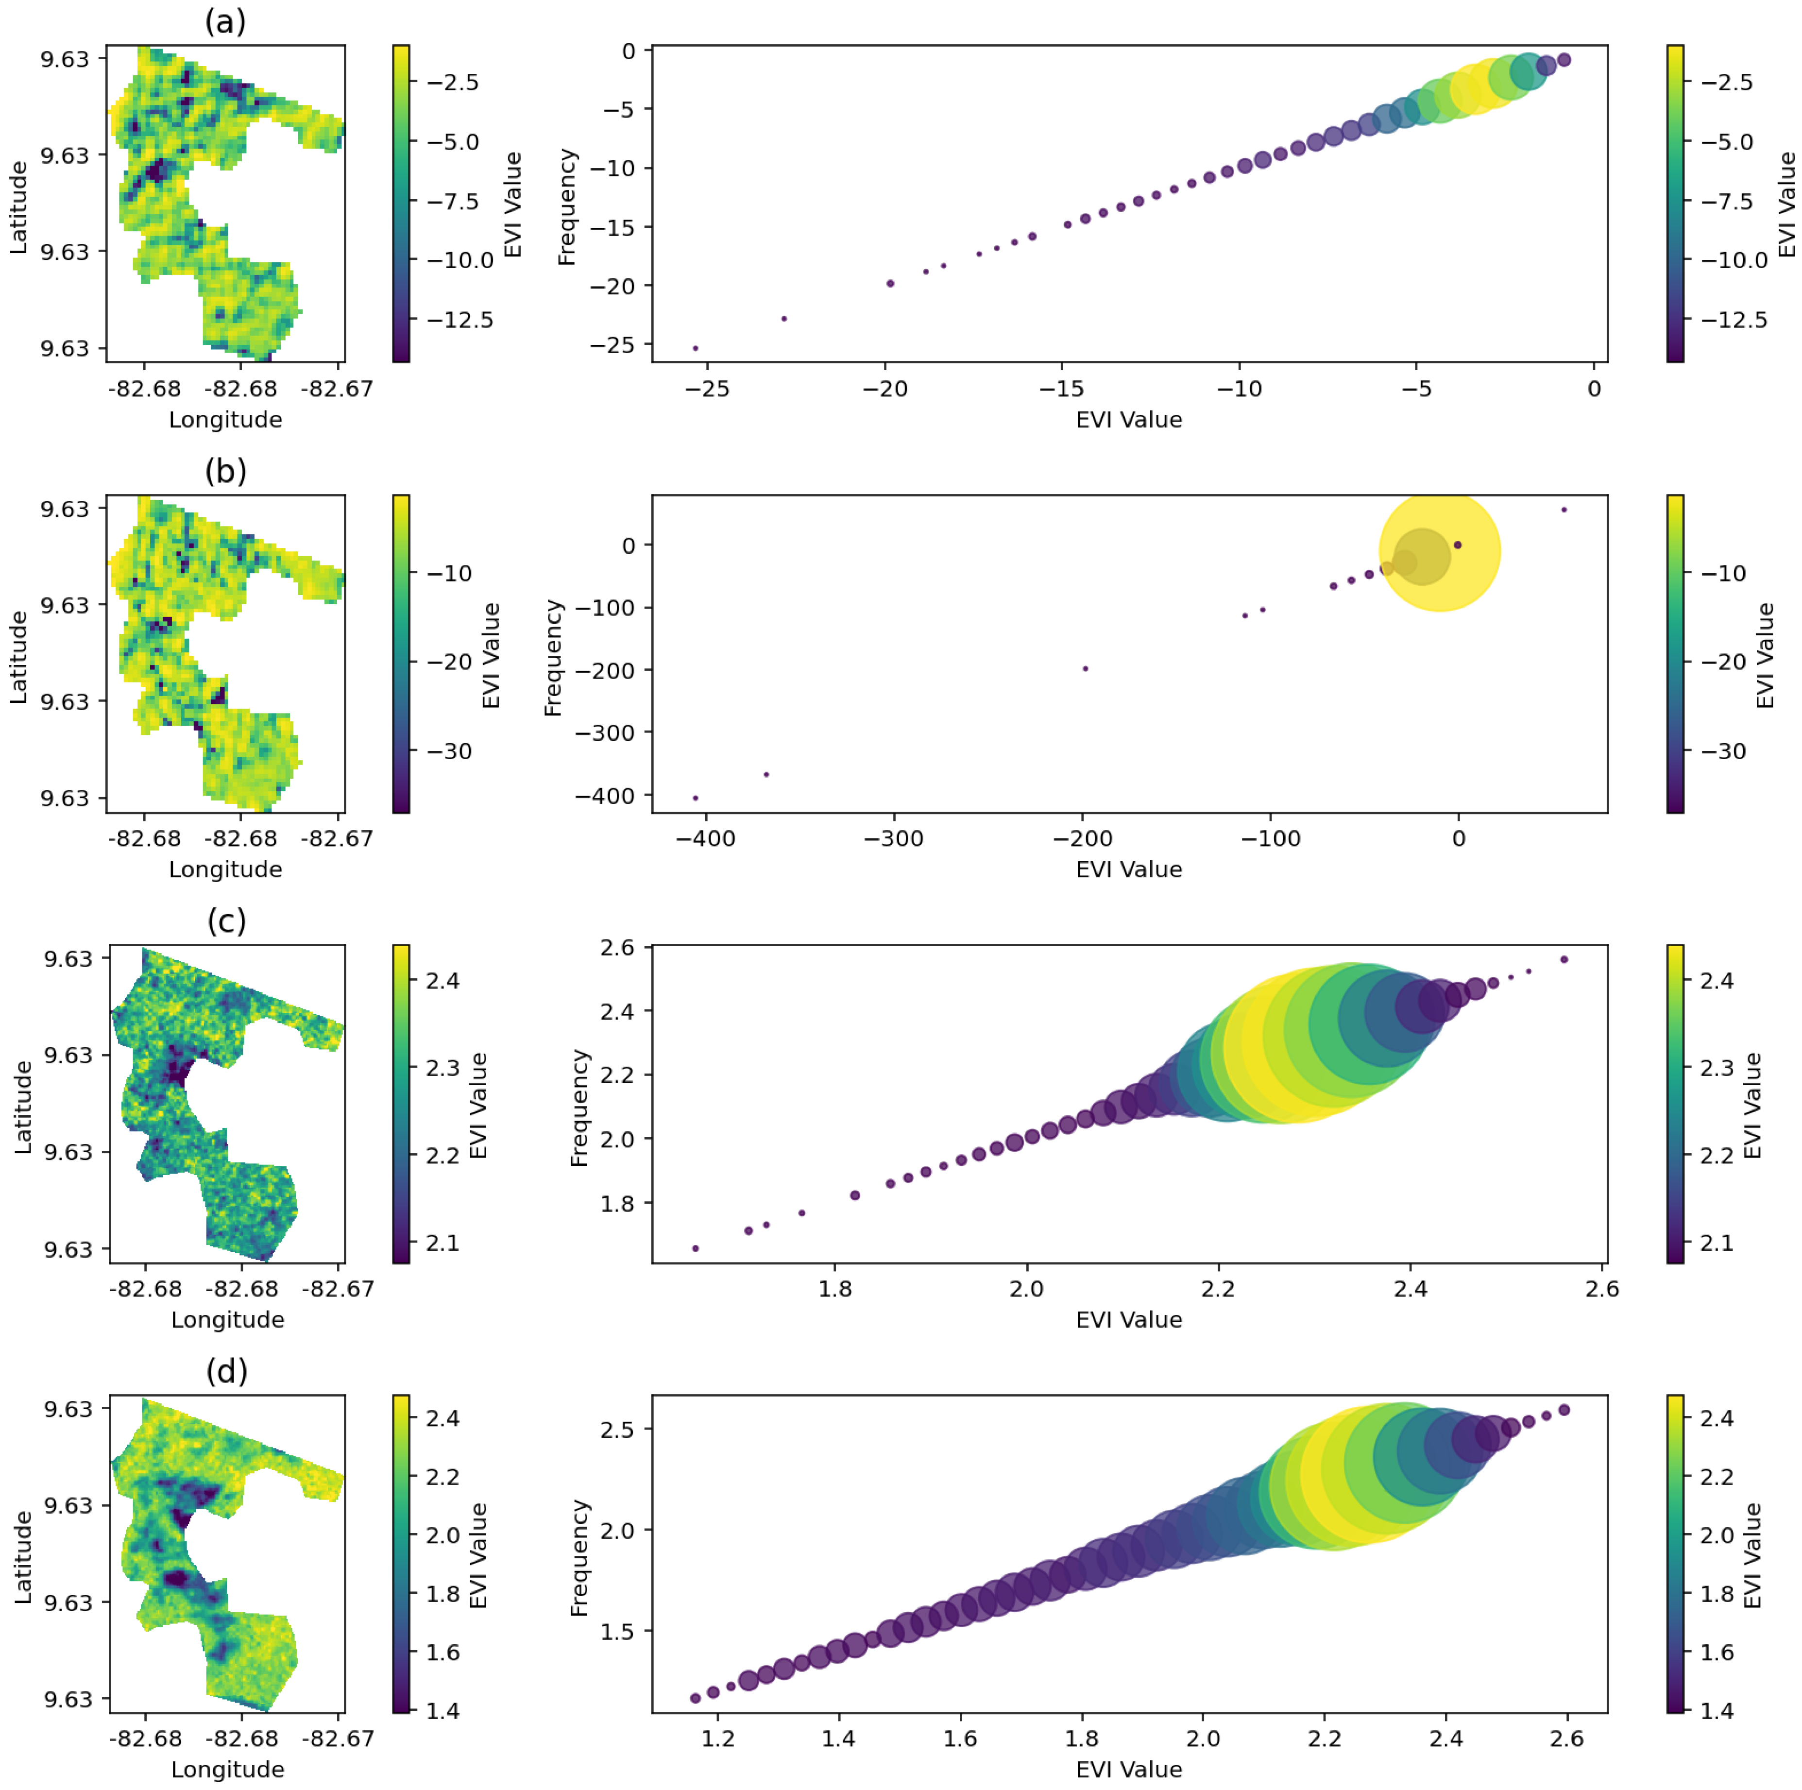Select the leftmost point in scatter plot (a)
click(x=695, y=348)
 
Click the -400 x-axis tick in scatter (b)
click(x=706, y=838)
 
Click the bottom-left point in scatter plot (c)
click(x=695, y=1248)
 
